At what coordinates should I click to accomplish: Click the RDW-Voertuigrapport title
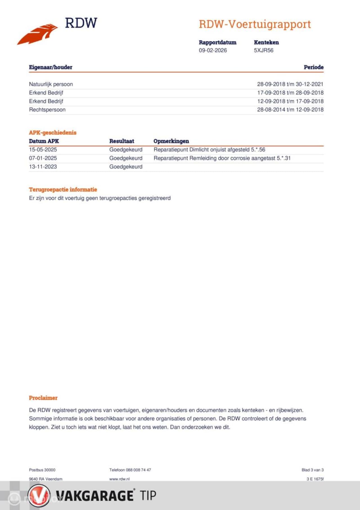click(255, 24)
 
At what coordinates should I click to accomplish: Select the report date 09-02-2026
click(213, 50)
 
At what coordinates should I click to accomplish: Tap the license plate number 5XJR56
click(264, 50)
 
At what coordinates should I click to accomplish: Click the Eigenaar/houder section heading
click(51, 67)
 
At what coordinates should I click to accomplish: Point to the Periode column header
click(313, 67)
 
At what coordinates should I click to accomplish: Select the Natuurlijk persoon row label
click(51, 84)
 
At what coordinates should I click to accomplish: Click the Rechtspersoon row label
click(47, 110)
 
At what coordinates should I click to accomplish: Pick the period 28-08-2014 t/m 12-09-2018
click(290, 110)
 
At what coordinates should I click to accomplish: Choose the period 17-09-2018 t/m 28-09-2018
click(290, 93)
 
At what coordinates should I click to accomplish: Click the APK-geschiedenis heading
click(53, 133)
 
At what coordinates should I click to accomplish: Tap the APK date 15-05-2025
click(43, 150)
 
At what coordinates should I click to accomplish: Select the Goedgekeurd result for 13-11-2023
click(126, 167)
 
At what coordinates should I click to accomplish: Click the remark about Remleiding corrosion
click(222, 158)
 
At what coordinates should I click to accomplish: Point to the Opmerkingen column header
click(171, 141)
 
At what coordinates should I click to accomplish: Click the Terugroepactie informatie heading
click(63, 190)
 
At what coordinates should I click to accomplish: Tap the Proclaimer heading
click(43, 398)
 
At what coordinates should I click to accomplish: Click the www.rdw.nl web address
click(119, 479)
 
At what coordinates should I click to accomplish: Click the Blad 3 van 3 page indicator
click(312, 470)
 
